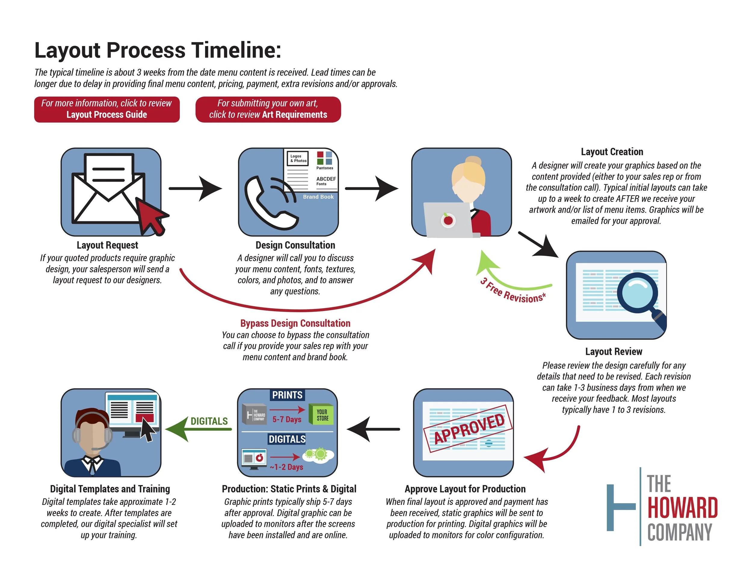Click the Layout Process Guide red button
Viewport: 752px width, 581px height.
107,109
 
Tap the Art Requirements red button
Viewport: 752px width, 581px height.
268,109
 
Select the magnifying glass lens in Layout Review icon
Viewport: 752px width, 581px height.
637,291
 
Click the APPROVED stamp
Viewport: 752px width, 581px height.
469,429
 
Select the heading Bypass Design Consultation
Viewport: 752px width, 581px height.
295,323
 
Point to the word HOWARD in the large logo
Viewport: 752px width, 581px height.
682,508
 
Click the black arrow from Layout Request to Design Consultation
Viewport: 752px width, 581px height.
195,188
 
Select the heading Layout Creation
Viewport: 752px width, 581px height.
612,152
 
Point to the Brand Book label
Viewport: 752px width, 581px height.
318,197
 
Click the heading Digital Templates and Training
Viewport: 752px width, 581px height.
110,489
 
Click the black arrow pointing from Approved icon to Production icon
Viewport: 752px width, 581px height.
373,429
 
